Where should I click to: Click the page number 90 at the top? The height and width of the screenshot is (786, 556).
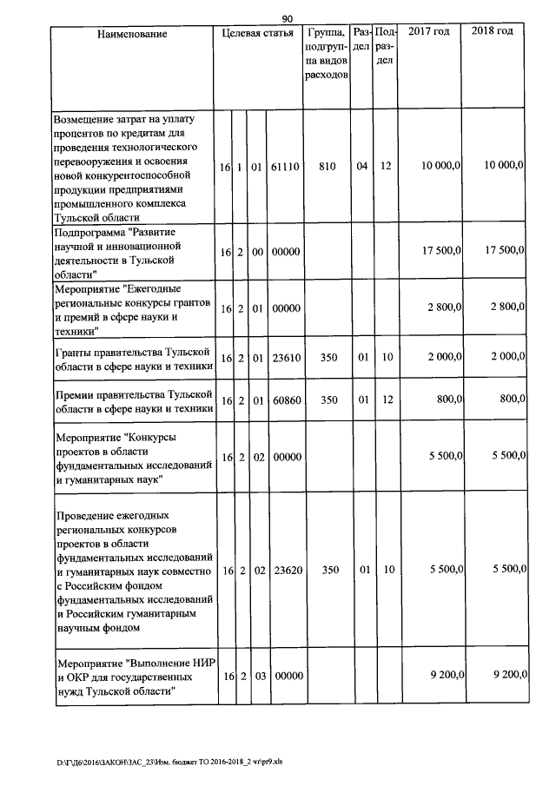[288, 17]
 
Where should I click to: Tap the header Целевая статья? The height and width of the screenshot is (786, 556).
[257, 33]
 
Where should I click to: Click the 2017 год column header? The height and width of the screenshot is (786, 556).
[429, 32]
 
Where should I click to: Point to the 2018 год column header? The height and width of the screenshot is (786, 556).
[492, 32]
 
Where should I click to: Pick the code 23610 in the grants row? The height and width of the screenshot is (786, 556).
[284, 357]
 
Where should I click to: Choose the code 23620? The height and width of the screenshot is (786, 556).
[284, 570]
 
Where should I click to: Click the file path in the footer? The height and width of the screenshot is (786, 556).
[170, 762]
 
